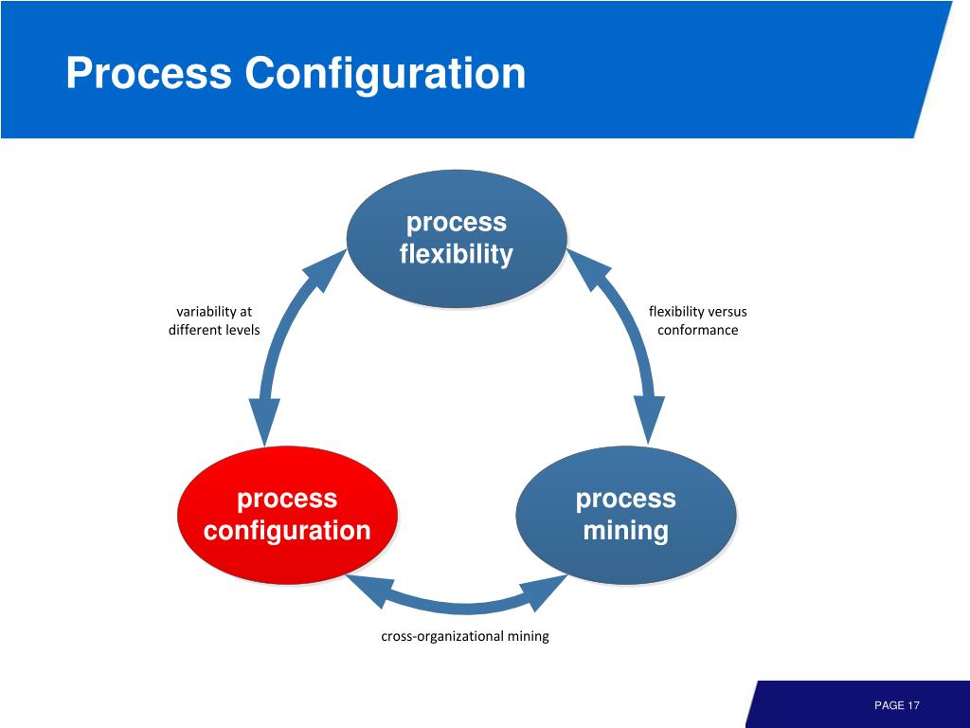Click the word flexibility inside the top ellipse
[457, 255]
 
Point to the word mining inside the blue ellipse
[625, 531]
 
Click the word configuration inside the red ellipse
[287, 531]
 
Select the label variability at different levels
[214, 320]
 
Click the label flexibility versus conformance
[698, 320]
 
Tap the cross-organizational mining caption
[464, 636]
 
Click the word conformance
[698, 330]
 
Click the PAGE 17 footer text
[897, 705]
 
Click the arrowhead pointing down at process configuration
[264, 422]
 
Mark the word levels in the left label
[240, 330]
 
